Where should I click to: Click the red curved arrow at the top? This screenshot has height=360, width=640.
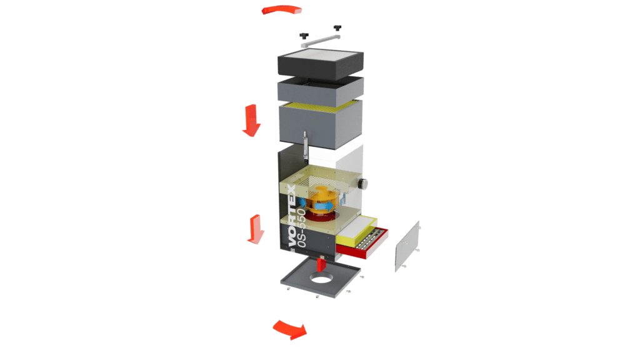(x=282, y=10)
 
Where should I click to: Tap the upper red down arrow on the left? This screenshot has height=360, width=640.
(x=251, y=121)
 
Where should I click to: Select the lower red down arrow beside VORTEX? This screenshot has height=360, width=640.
(x=256, y=229)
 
